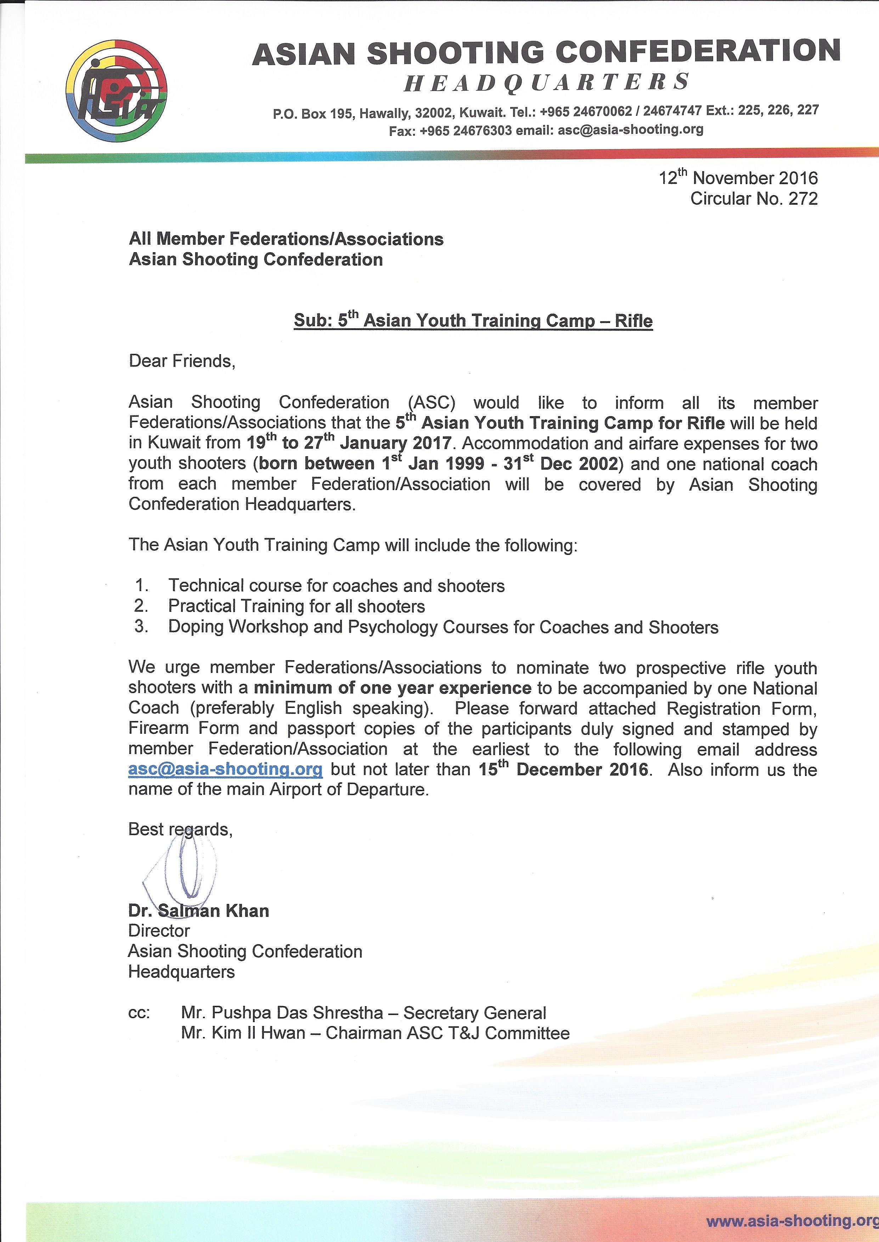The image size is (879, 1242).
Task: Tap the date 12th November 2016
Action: click(x=738, y=177)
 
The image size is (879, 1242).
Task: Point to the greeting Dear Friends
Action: click(x=182, y=361)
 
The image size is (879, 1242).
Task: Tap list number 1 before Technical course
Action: click(x=141, y=585)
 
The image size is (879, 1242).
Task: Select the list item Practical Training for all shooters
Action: click(x=296, y=606)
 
